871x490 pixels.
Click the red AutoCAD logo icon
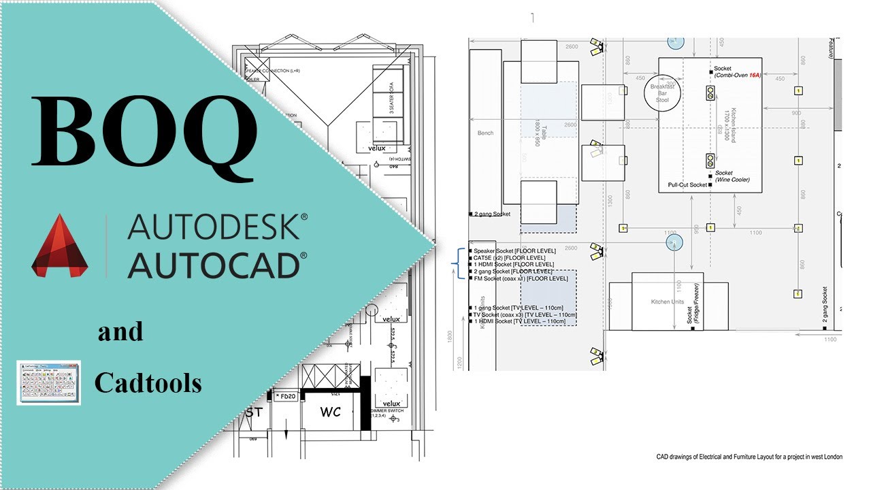tap(62, 246)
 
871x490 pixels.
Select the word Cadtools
tap(148, 384)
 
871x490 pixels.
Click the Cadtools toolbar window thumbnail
tap(49, 382)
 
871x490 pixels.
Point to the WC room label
tap(330, 412)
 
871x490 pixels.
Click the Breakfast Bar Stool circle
tap(662, 93)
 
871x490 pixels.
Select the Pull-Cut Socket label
tap(687, 184)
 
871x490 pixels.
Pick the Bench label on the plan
tap(485, 133)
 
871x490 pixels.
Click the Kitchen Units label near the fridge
tap(668, 301)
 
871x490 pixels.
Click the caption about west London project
tap(749, 457)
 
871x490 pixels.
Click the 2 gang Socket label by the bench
tap(492, 214)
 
